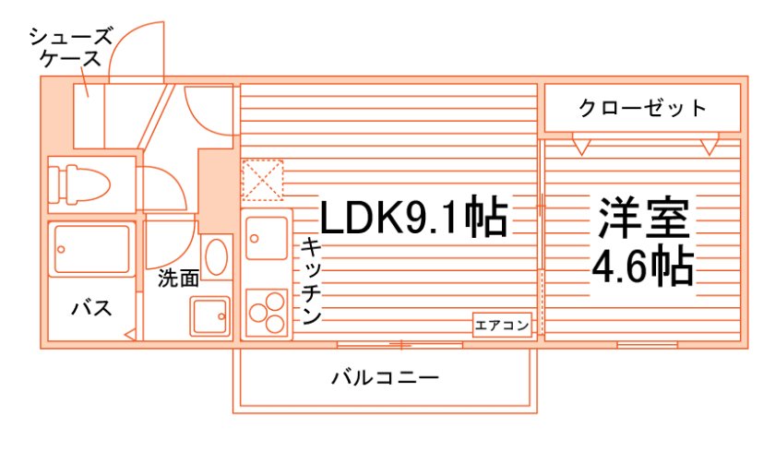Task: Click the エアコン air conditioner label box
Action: [x=503, y=325]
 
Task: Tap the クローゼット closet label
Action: [x=642, y=108]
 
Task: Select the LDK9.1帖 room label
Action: [x=414, y=219]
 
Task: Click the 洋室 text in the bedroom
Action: [x=644, y=219]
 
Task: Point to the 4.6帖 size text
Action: [x=643, y=267]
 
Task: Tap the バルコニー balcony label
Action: [x=384, y=377]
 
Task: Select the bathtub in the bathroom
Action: [x=91, y=247]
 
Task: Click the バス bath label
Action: [x=92, y=308]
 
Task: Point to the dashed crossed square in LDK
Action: [x=263, y=180]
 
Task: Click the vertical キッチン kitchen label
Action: [x=310, y=280]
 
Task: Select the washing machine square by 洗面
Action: [x=210, y=316]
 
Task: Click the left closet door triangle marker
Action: [x=581, y=145]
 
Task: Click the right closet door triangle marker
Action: [x=709, y=145]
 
